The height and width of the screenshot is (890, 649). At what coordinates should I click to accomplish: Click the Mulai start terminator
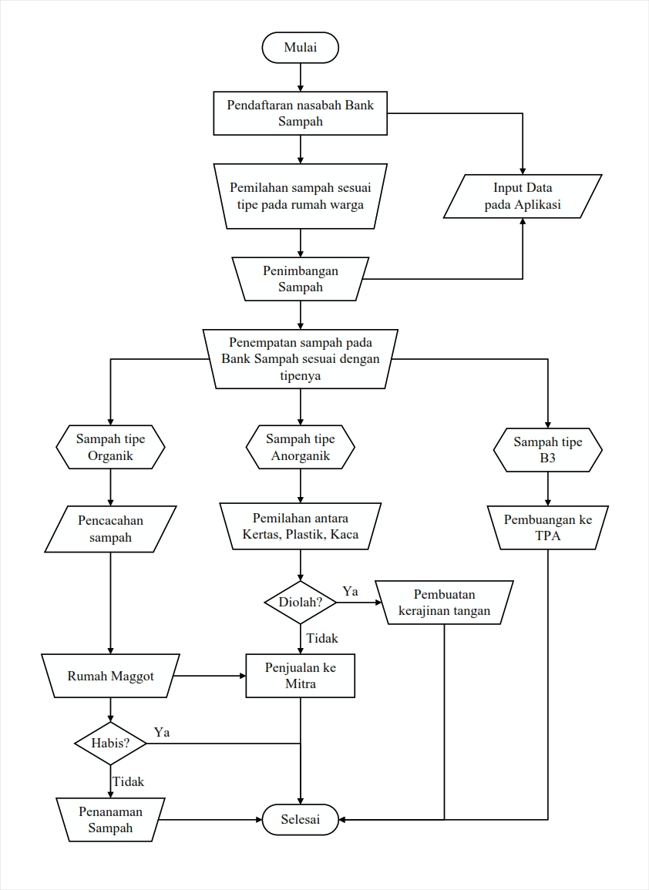point(301,47)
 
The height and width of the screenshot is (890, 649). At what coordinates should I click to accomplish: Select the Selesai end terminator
point(301,819)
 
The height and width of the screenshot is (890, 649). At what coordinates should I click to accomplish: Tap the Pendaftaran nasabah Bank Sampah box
point(301,113)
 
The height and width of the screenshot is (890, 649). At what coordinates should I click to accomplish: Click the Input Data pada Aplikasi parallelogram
point(523,196)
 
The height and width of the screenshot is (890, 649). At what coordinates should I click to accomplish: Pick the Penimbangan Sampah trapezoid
point(301,279)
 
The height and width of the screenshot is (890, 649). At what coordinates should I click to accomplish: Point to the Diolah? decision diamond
point(301,603)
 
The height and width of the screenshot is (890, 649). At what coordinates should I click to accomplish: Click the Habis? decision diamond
point(111,743)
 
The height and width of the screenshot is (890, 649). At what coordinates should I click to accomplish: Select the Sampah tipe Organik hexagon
point(111,447)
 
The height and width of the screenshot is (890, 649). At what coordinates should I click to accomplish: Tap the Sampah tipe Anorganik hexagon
point(301,447)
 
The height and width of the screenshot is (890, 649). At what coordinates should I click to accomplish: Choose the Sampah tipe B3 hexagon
point(548,449)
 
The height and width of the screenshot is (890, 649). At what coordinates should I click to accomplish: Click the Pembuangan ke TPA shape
point(548,527)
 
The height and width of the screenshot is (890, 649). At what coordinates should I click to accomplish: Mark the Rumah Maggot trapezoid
point(111,676)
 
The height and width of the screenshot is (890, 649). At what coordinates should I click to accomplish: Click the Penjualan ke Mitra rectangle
point(301,676)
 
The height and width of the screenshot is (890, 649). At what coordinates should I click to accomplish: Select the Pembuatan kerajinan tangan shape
point(444,603)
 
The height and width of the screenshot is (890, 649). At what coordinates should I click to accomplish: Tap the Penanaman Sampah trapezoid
point(111,819)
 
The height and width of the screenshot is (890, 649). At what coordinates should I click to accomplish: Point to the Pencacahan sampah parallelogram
point(111,529)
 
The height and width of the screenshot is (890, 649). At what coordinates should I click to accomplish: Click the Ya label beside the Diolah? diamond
point(351,592)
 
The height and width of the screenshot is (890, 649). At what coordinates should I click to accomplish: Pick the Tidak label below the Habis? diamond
point(128,781)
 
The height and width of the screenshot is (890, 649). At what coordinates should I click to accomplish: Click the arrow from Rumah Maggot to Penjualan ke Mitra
point(210,676)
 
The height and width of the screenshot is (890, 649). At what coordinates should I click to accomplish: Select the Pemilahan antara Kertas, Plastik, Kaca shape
point(301,526)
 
